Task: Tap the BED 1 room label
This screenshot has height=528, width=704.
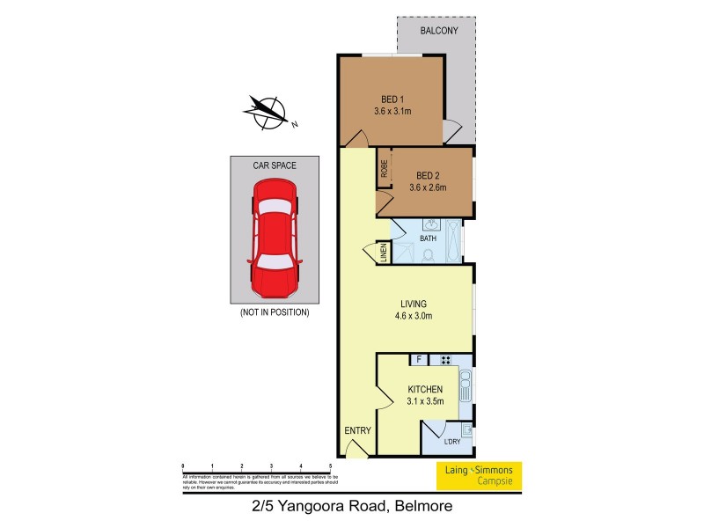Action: [x=392, y=99]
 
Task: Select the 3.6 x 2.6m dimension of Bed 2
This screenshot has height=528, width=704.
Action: [x=428, y=187]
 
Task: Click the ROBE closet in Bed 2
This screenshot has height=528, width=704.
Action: [x=384, y=170]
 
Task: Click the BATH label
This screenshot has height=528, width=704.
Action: [x=429, y=238]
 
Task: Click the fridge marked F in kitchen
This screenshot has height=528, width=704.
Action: [x=419, y=359]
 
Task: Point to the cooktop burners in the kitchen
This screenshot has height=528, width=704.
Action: [x=445, y=359]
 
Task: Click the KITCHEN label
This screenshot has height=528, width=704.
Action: [x=425, y=389]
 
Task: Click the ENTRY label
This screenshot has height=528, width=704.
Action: [x=357, y=430]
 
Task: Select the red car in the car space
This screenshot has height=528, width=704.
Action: [x=275, y=238]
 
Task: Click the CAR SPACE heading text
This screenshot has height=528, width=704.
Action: [x=275, y=165]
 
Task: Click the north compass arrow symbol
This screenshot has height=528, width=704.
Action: [x=267, y=111]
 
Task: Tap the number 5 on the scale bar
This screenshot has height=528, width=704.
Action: [x=330, y=466]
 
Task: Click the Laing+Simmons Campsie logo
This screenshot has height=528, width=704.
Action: [x=480, y=475]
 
